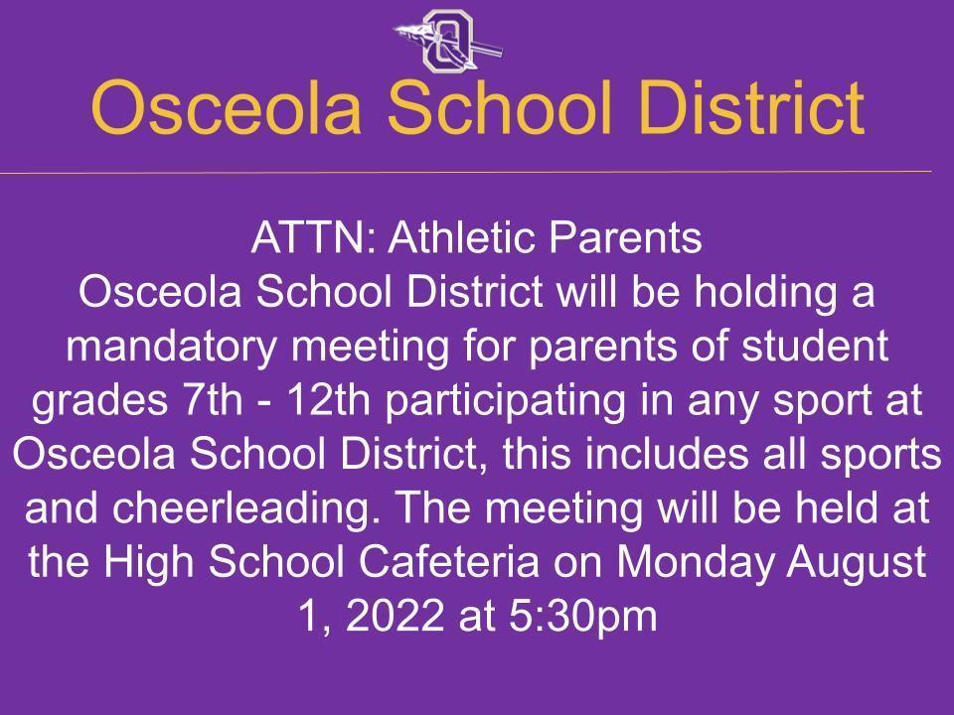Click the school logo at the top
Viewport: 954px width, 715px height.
[448, 41]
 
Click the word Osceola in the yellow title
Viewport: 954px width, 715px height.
[227, 107]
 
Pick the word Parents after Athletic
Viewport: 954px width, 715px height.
[625, 237]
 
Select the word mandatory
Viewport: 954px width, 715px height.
[171, 346]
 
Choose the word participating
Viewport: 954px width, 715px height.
[505, 401]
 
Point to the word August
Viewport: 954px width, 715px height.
[856, 562]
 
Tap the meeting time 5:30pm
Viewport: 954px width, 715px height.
[583, 617]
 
